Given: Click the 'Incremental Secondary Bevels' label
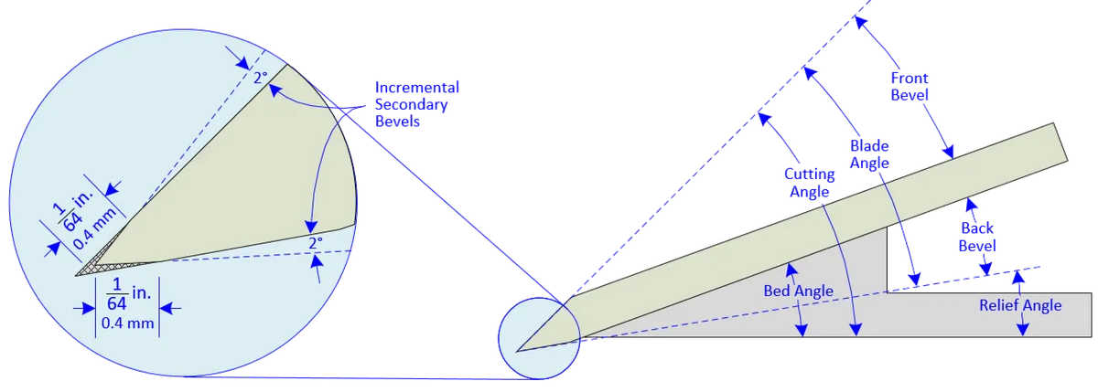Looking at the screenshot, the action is [x=416, y=104].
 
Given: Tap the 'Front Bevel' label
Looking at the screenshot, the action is [x=910, y=86].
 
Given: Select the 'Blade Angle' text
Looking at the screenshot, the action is [x=869, y=154].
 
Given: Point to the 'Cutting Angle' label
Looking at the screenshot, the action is [x=809, y=183].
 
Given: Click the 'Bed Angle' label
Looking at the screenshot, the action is [x=798, y=291].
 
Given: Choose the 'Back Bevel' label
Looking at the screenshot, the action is [x=977, y=237].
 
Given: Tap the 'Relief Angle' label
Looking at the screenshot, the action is [x=1020, y=305].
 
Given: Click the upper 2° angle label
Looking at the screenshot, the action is [x=261, y=78].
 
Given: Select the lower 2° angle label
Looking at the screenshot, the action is [x=316, y=243].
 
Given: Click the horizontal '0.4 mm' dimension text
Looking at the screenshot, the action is [x=127, y=323].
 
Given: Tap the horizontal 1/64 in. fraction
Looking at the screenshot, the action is [x=128, y=294].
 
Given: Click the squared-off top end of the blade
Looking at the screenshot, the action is [x=1060, y=142].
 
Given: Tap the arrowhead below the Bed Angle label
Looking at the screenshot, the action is [x=802, y=331].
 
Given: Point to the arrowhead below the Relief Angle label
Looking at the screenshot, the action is [x=1023, y=331].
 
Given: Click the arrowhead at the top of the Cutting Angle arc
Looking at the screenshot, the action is [x=765, y=119].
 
